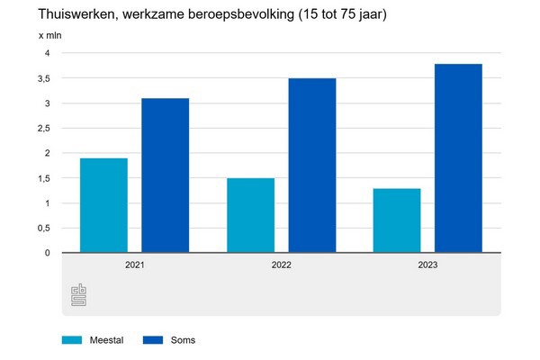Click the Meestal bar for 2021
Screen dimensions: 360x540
click(x=103, y=205)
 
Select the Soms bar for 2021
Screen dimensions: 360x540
click(x=165, y=175)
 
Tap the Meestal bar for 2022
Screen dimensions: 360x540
click(x=250, y=215)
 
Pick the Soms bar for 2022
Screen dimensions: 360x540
click(x=311, y=166)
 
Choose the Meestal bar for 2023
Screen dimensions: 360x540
click(x=397, y=220)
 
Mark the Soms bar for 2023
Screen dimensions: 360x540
click(x=458, y=158)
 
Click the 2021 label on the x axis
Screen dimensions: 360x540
click(x=134, y=266)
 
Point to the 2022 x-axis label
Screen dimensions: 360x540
click(x=281, y=266)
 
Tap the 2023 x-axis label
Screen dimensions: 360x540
click(x=427, y=266)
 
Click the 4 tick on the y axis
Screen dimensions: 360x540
click(x=47, y=54)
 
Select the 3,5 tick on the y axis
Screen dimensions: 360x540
click(x=43, y=78)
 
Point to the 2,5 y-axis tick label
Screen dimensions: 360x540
click(x=43, y=129)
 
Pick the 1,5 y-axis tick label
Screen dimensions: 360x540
click(x=43, y=178)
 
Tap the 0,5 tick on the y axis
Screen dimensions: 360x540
click(x=43, y=228)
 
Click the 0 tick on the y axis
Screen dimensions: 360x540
click(x=47, y=253)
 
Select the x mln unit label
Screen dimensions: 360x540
click(x=49, y=35)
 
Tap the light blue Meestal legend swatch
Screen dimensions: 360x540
click(x=72, y=339)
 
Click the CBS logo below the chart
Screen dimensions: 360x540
click(x=80, y=294)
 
